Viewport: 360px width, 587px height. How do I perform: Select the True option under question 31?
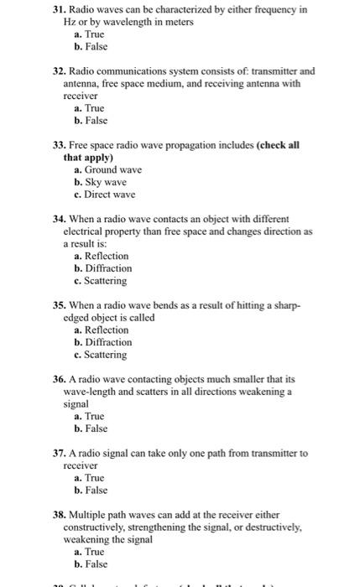click(90, 34)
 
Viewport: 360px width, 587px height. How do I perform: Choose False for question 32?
click(91, 121)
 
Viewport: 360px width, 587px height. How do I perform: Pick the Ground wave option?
click(108, 169)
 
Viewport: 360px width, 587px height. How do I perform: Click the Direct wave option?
click(105, 195)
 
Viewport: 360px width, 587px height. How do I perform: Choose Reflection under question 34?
click(102, 256)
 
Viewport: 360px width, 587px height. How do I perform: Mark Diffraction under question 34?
click(103, 268)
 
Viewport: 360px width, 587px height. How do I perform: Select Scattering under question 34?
click(101, 281)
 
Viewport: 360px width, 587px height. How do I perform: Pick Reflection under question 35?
click(102, 330)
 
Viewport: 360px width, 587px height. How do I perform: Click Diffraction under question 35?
click(103, 342)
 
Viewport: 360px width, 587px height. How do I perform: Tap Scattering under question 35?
click(101, 355)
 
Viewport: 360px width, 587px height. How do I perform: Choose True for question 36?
click(90, 416)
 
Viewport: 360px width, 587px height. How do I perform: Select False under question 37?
click(91, 490)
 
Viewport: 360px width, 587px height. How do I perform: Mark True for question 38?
click(90, 552)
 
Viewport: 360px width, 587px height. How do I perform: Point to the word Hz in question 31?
click(70, 22)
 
